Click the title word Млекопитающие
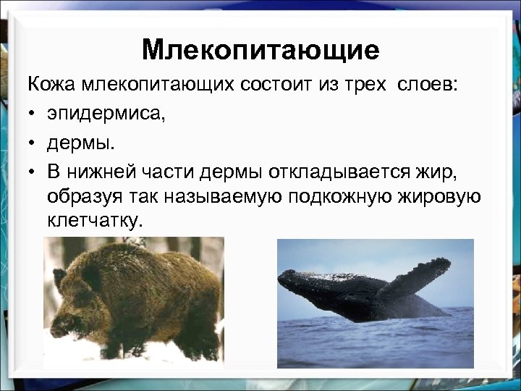[x=260, y=50]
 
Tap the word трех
[x=364, y=84]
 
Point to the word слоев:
[x=427, y=84]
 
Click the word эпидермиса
[x=106, y=113]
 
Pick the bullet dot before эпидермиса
[x=33, y=113]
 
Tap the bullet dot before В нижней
[x=33, y=170]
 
